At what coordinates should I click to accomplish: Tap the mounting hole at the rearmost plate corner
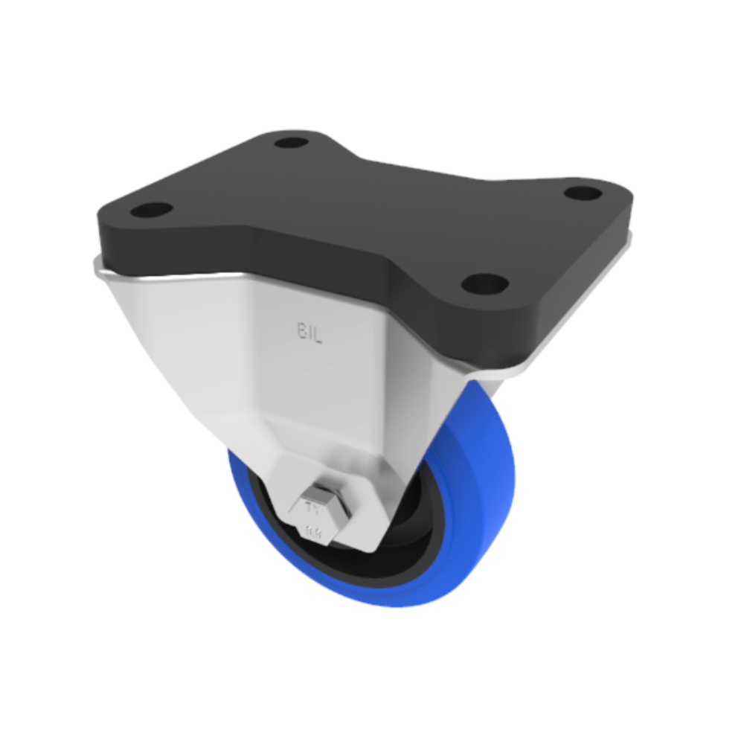[x=291, y=142]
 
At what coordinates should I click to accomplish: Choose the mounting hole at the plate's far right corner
[x=583, y=193]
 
